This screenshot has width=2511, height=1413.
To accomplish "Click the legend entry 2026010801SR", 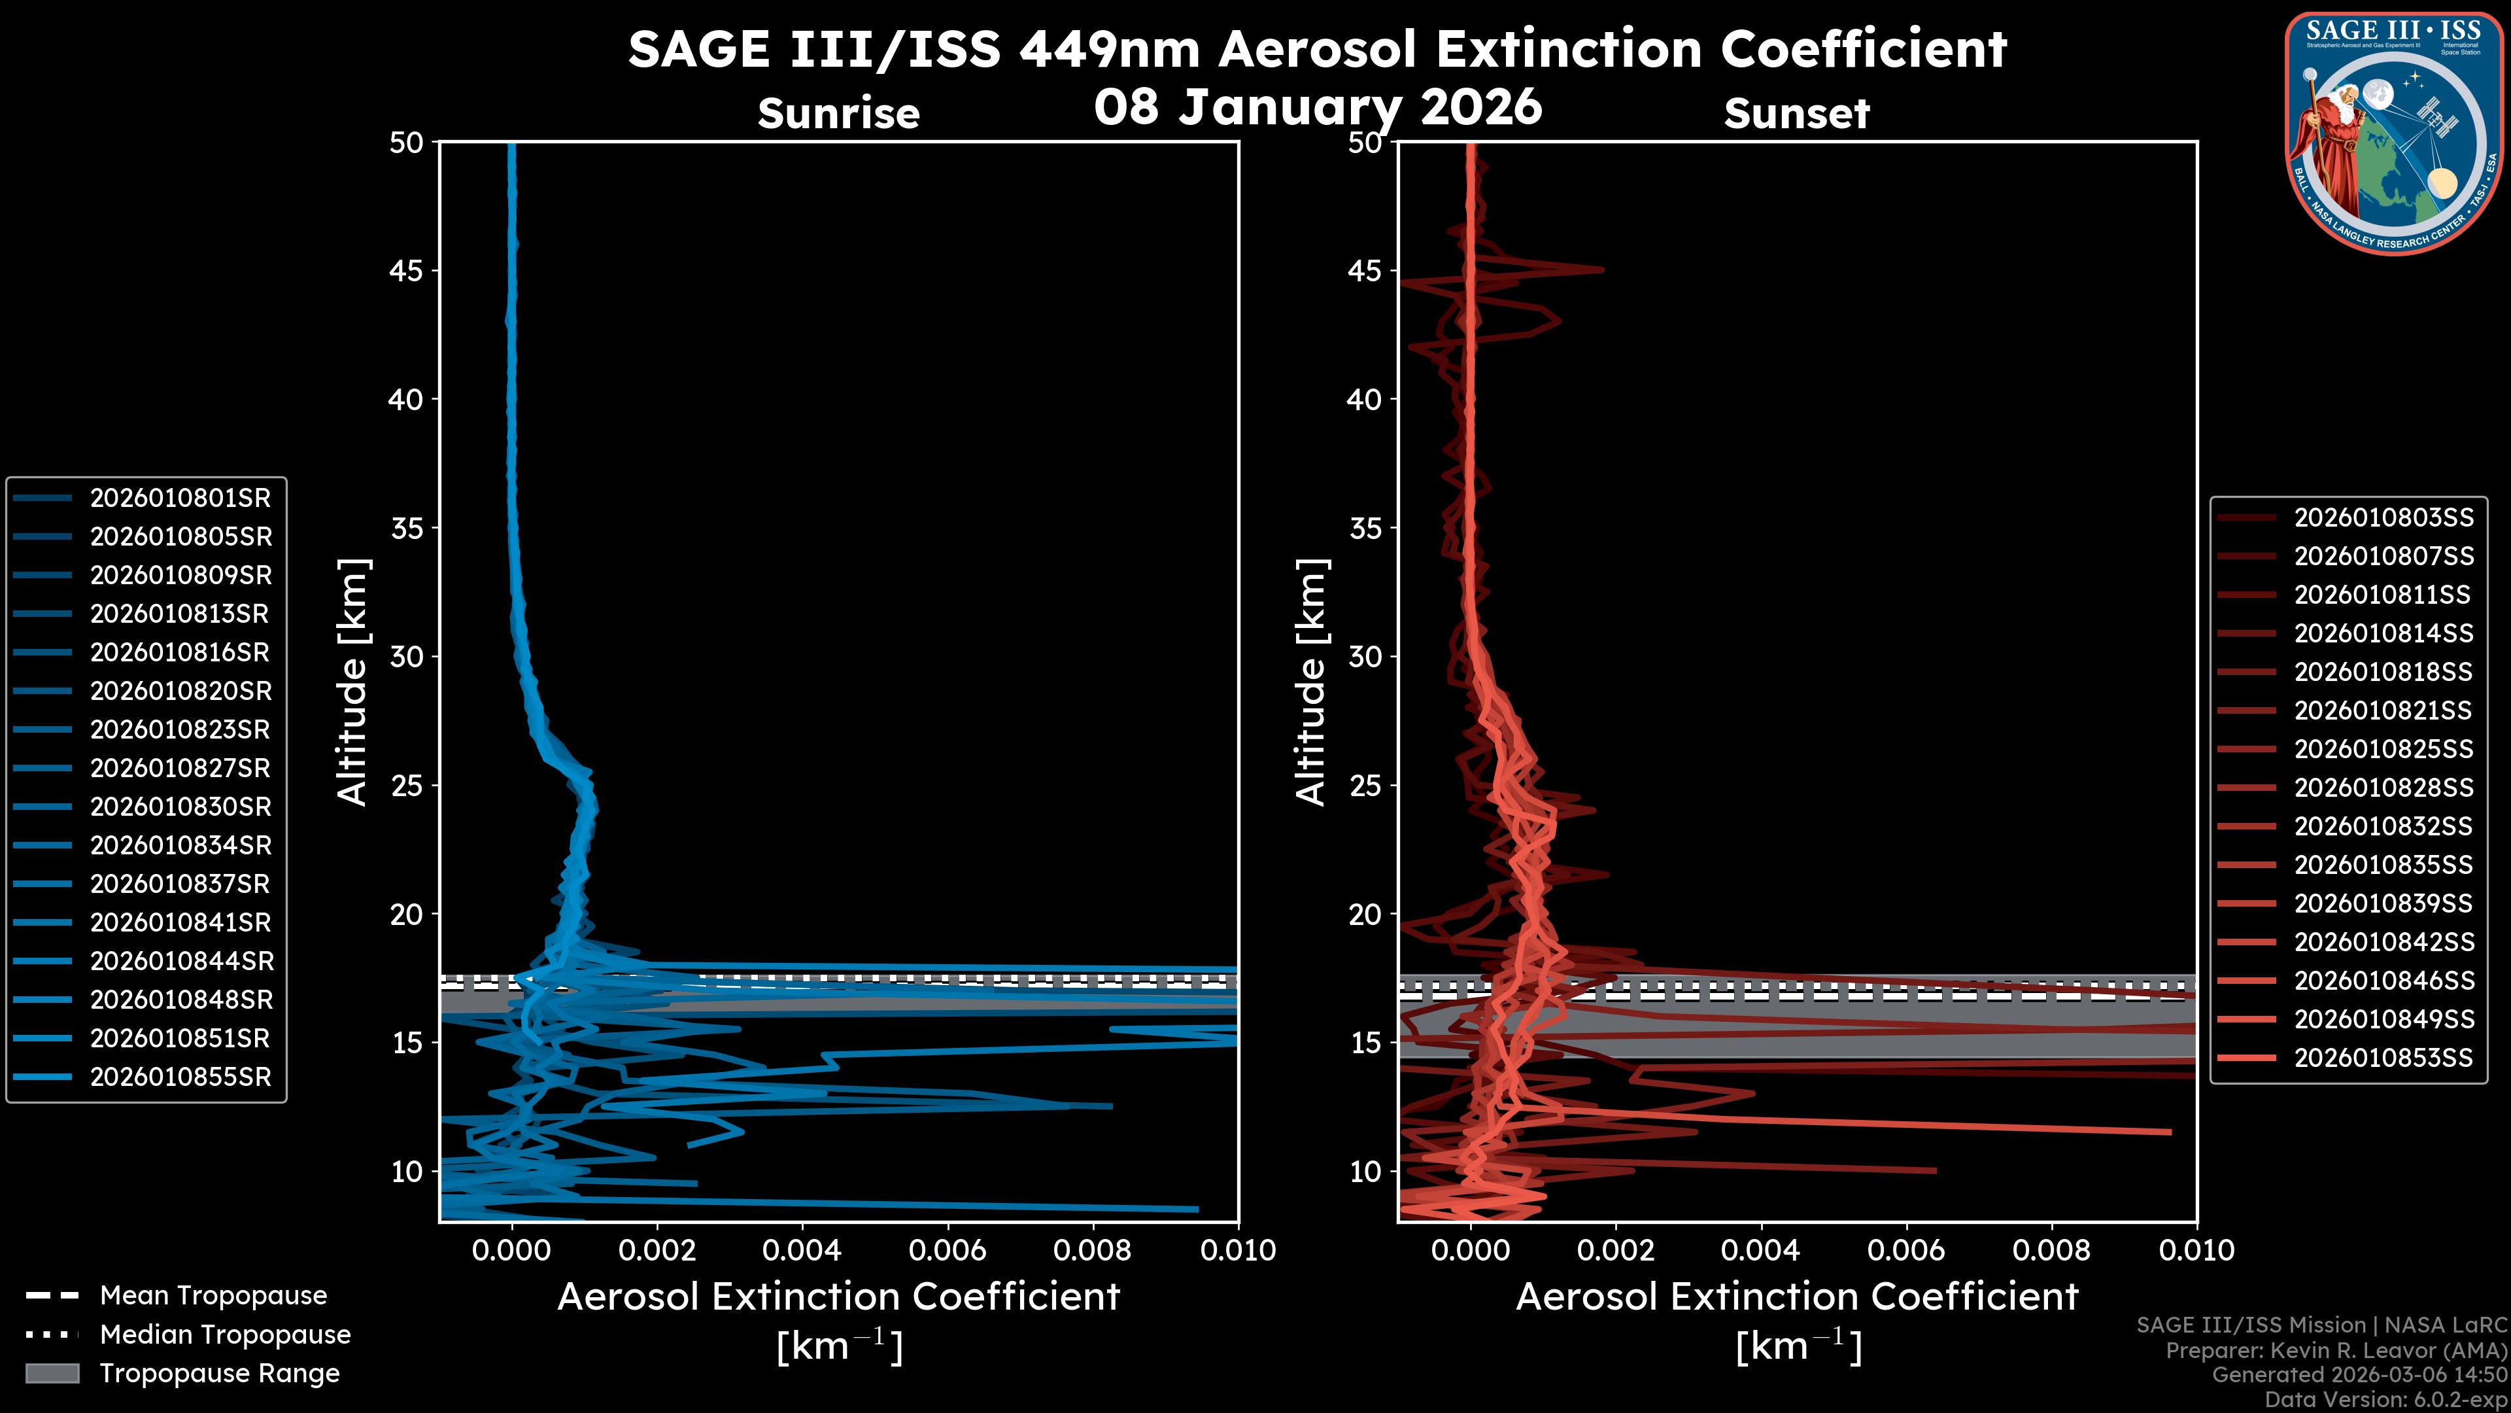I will point(180,498).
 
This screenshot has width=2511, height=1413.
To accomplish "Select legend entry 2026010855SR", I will point(180,1077).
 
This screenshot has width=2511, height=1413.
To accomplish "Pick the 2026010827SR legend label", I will point(180,769).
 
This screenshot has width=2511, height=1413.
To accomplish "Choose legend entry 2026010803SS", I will point(2383,518).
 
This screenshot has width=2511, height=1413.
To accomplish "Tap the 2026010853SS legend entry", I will point(2383,1058).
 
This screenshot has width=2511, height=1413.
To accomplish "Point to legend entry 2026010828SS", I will point(2383,788).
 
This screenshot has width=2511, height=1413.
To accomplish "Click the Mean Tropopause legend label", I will point(213,1296).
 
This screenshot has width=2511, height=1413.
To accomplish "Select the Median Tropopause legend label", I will point(225,1335).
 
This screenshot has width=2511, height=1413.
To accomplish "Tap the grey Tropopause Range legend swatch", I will point(52,1374).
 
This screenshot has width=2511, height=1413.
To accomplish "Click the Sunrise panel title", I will point(838,114).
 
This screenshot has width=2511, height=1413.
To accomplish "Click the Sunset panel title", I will point(1796,114).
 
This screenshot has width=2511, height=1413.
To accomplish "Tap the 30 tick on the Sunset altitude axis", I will point(1365,657).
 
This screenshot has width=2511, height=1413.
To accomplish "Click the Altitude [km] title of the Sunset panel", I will point(1311,682).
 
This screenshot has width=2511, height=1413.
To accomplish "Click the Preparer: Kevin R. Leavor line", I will point(2336,1351).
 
